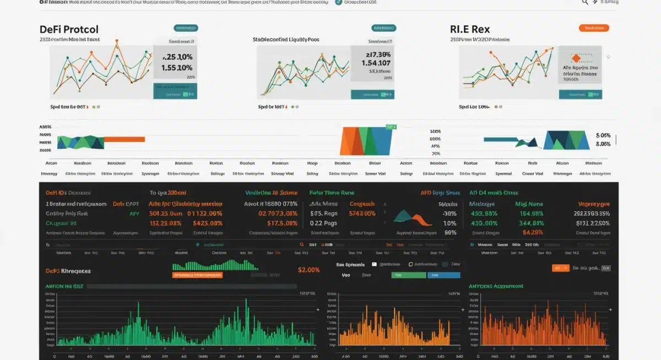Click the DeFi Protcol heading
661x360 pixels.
pyautogui.click(x=69, y=29)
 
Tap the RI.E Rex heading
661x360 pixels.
pyautogui.click(x=470, y=29)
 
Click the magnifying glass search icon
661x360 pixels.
pyautogui.click(x=586, y=2)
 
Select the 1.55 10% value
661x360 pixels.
pyautogui.click(x=177, y=68)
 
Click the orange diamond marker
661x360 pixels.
pyautogui.click(x=576, y=58)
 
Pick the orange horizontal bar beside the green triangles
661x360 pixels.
pyautogui.click(x=124, y=140)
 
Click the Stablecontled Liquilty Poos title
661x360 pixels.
pyautogui.click(x=286, y=40)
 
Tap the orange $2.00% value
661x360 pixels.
pyautogui.click(x=308, y=270)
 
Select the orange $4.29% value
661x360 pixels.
pyautogui.click(x=533, y=232)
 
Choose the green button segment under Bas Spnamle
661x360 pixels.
pyautogui.click(x=404, y=275)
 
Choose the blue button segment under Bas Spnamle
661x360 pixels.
pyautogui.click(x=443, y=275)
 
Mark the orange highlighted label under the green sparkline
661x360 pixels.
pyautogui.click(x=197, y=274)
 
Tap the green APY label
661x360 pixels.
pyautogui.click(x=134, y=213)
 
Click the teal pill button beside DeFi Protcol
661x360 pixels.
pyautogui.click(x=186, y=28)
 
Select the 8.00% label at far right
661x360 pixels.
pyautogui.click(x=603, y=144)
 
